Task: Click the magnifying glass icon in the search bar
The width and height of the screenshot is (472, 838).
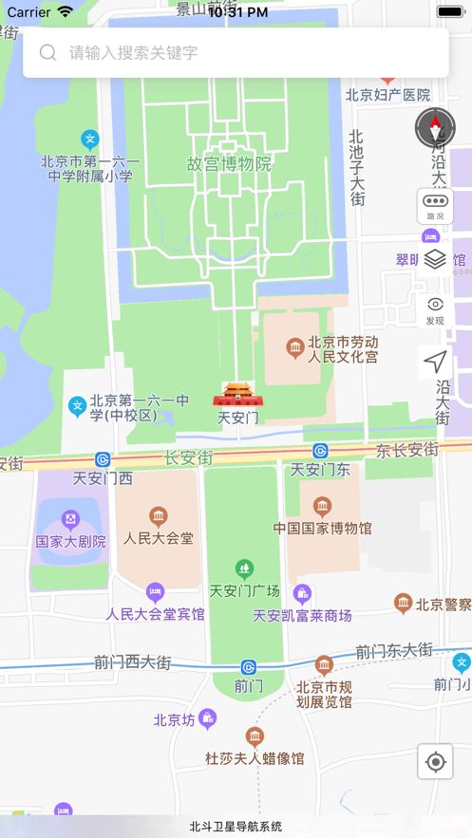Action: pyautogui.click(x=47, y=52)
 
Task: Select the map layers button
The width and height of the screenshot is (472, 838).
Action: pyautogui.click(x=435, y=259)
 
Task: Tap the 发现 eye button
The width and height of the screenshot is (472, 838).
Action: pyautogui.click(x=435, y=309)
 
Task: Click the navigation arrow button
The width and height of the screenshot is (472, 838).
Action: pyautogui.click(x=435, y=362)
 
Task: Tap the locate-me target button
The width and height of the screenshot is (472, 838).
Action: pyautogui.click(x=435, y=761)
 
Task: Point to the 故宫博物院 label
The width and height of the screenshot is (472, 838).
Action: pyautogui.click(x=229, y=163)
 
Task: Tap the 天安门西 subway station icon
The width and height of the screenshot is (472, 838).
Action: pyautogui.click(x=103, y=459)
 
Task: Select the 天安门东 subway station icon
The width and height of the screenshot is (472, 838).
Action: pyautogui.click(x=321, y=451)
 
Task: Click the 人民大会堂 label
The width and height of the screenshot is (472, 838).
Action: pyautogui.click(x=159, y=538)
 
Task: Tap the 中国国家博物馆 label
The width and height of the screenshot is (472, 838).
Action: pyautogui.click(x=323, y=528)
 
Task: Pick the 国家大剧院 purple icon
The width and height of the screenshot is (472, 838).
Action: pyautogui.click(x=69, y=519)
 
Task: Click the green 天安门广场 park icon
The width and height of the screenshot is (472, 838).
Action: pyautogui.click(x=245, y=569)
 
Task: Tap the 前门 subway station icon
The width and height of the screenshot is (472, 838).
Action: pyautogui.click(x=248, y=667)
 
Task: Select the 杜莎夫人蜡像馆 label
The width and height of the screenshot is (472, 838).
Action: pyautogui.click(x=255, y=758)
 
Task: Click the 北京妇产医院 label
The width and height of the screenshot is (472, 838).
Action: pyautogui.click(x=387, y=95)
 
